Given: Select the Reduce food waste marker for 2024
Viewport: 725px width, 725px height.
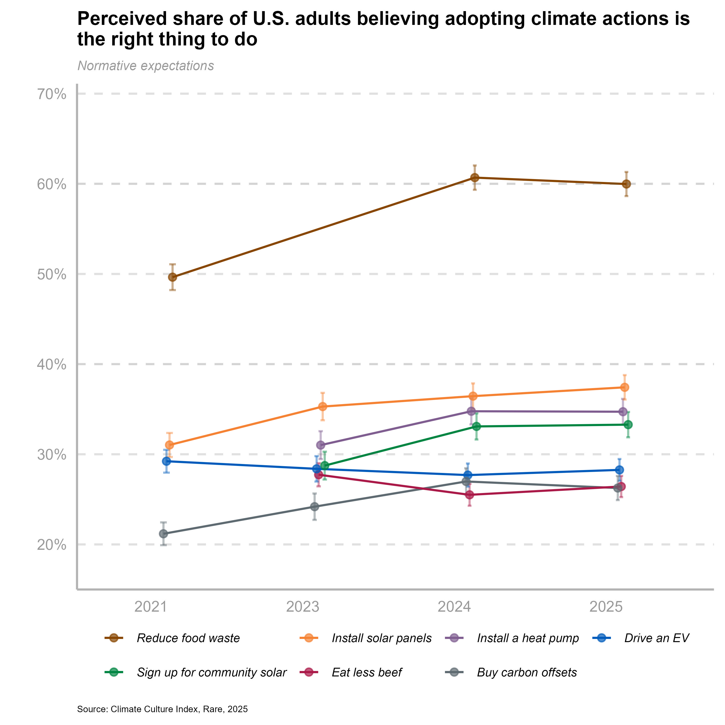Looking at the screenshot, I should [x=475, y=177].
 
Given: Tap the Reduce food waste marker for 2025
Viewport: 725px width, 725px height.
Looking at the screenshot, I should [x=626, y=184].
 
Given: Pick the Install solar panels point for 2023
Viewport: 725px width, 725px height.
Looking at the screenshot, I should [x=322, y=406].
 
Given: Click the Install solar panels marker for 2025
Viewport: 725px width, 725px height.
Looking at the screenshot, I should [x=625, y=387].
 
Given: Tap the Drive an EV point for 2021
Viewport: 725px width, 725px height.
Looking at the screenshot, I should [x=166, y=461].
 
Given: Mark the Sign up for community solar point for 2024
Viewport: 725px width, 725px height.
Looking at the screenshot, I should [x=477, y=426].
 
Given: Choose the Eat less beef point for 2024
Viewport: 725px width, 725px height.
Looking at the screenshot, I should [x=470, y=495].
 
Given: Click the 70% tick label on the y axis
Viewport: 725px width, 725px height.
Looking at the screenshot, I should [x=51, y=94].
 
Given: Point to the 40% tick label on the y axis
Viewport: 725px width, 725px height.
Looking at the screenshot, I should [x=51, y=364].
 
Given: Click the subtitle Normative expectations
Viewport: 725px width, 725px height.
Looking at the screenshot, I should [x=145, y=66].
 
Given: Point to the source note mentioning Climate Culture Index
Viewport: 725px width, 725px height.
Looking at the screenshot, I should [x=162, y=709].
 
